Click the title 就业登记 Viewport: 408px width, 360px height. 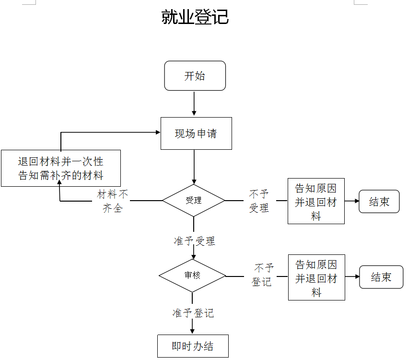click(x=195, y=17)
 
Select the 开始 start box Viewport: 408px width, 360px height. click(x=195, y=76)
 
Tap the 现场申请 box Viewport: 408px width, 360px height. click(x=196, y=133)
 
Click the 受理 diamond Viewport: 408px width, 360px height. click(x=194, y=200)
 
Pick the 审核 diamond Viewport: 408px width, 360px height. click(x=192, y=276)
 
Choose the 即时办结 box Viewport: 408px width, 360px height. click(x=193, y=346)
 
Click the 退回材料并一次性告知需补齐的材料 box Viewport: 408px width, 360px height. click(x=60, y=168)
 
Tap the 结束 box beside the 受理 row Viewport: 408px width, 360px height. click(x=379, y=202)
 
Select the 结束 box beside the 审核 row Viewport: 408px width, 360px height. click(x=381, y=277)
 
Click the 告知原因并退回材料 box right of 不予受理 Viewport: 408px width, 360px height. click(x=316, y=202)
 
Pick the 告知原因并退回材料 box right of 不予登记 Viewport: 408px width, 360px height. click(x=316, y=277)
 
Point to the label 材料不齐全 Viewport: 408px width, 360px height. click(x=113, y=201)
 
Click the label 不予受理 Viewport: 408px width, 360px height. click(x=259, y=201)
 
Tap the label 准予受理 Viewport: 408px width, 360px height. click(x=195, y=241)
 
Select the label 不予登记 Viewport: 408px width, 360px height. click(x=263, y=275)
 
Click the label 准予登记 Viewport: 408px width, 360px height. click(x=193, y=313)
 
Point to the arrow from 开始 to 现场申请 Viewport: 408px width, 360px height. click(x=194, y=103)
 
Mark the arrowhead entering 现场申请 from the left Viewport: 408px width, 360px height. click(x=158, y=132)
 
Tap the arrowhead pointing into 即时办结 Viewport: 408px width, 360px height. click(x=193, y=331)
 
